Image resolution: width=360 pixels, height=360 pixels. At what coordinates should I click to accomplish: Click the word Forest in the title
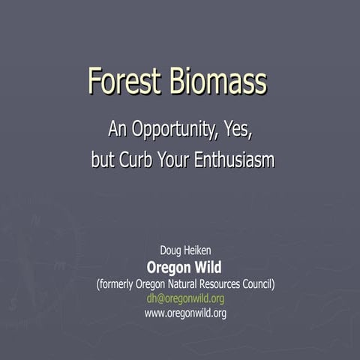[123, 81]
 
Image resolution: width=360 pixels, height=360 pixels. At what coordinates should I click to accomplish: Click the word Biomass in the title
[217, 81]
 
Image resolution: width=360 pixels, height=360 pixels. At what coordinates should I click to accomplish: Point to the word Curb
[137, 160]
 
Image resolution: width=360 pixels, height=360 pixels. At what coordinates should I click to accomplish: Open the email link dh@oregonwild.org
[185, 298]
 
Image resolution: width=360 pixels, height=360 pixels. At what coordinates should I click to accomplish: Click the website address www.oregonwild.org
[185, 313]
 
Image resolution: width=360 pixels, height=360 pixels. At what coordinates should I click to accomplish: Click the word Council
[259, 284]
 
